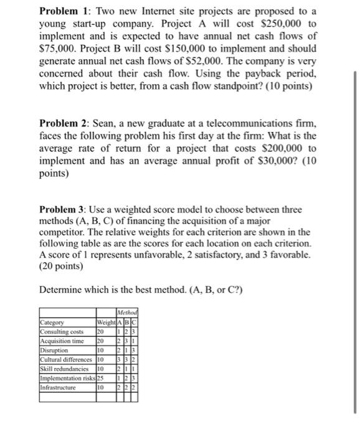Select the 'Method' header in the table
[128, 313]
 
